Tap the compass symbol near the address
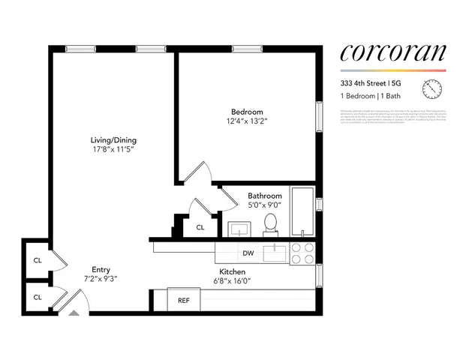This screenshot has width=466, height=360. point(432,89)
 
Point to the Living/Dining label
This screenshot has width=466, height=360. point(113,140)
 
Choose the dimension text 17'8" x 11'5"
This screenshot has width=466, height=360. point(113,149)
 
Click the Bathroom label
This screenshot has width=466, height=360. point(265,196)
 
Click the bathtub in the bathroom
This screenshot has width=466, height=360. point(302,212)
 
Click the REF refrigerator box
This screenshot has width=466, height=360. point(183,300)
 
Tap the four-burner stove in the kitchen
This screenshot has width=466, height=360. point(302,253)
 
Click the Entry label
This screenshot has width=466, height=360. point(101,269)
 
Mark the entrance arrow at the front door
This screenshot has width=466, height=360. point(73,310)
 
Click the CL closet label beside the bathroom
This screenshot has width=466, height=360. point(200,227)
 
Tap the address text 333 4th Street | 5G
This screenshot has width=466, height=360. point(371,83)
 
